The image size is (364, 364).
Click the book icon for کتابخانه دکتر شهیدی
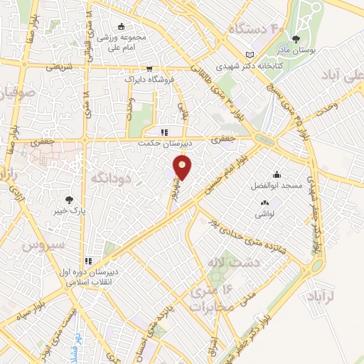(x=249, y=54)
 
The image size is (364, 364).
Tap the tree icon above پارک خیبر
(x=69, y=200)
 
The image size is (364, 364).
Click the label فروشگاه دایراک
(x=149, y=80)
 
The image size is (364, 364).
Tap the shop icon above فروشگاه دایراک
(x=149, y=69)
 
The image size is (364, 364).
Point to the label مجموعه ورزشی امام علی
(x=122, y=41)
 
